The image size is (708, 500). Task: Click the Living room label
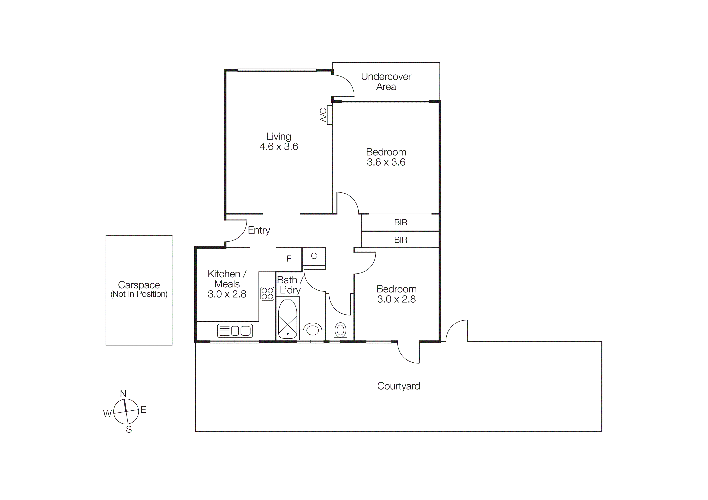tap(279, 137)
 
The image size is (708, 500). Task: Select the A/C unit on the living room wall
tap(329, 115)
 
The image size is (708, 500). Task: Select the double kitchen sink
tap(235, 331)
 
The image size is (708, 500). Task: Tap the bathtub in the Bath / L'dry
tap(287, 319)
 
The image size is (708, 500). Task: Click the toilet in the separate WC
tap(340, 330)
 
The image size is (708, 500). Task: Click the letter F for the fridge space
tap(289, 259)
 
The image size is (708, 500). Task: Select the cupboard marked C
tap(314, 256)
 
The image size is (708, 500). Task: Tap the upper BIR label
tap(400, 222)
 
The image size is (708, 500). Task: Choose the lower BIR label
tap(400, 240)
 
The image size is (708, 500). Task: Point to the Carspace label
tap(139, 285)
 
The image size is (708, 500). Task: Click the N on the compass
tap(123, 394)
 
